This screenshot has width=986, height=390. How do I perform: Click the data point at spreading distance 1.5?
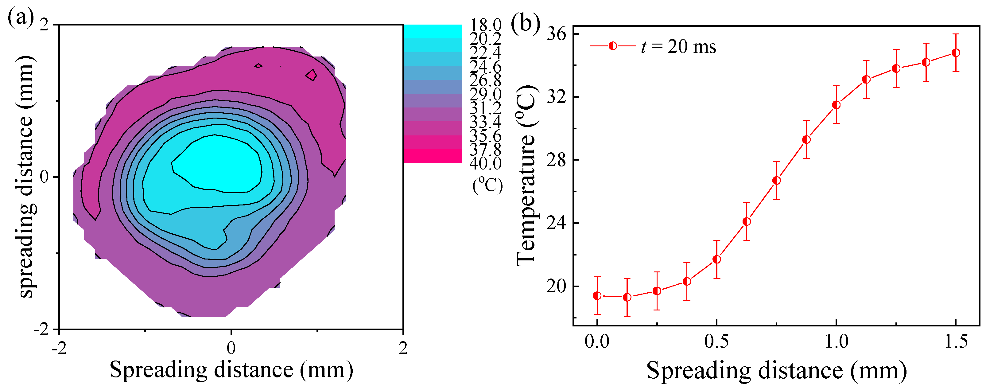point(955,53)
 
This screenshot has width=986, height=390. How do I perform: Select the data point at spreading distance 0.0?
point(597,295)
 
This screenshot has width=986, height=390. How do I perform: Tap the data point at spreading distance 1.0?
point(836,105)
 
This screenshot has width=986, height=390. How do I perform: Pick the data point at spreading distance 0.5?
point(716,259)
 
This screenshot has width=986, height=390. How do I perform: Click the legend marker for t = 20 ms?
point(612,46)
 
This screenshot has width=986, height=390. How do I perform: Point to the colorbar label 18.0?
point(485,25)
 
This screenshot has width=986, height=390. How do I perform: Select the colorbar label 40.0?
point(485,164)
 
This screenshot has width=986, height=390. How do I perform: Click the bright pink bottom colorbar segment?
point(433,156)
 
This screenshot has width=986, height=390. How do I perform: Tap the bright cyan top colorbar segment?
point(433,31)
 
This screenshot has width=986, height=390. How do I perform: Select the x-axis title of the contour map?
point(231,370)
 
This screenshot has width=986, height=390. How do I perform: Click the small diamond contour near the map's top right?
point(312,75)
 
